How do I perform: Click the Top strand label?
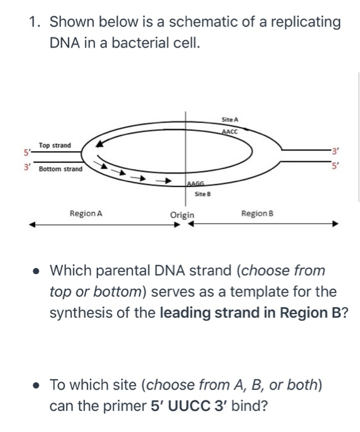[x=54, y=146]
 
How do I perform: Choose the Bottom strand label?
[x=60, y=168]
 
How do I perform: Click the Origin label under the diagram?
[x=182, y=215]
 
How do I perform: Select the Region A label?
[x=86, y=214]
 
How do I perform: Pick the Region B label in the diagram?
[x=258, y=214]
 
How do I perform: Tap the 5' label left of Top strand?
[x=27, y=150]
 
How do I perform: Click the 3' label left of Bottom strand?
[x=25, y=166]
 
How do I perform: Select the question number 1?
[x=35, y=23]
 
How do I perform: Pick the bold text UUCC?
[x=182, y=407]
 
